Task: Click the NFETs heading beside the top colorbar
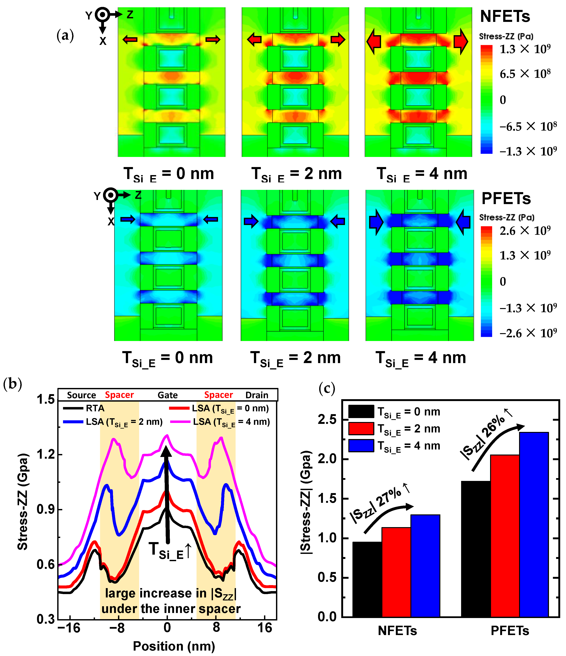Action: click(505, 16)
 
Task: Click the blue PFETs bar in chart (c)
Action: click(534, 526)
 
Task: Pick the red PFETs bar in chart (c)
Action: click(505, 537)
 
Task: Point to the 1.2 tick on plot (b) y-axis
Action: click(46, 455)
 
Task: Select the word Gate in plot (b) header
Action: click(168, 395)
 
